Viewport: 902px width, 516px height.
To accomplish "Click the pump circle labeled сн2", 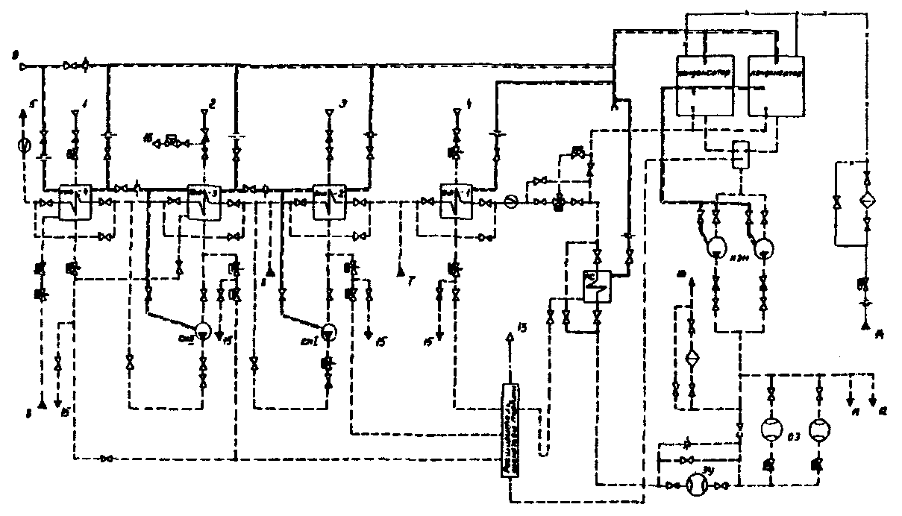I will (203, 330).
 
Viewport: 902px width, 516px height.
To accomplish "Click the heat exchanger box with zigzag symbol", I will (596, 283).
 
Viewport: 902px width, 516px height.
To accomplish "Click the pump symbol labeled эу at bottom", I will (698, 485).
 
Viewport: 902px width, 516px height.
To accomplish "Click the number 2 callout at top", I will (213, 104).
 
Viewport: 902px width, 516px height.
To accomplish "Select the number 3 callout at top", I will (342, 104).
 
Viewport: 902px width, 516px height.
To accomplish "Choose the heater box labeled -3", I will (201, 201).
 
